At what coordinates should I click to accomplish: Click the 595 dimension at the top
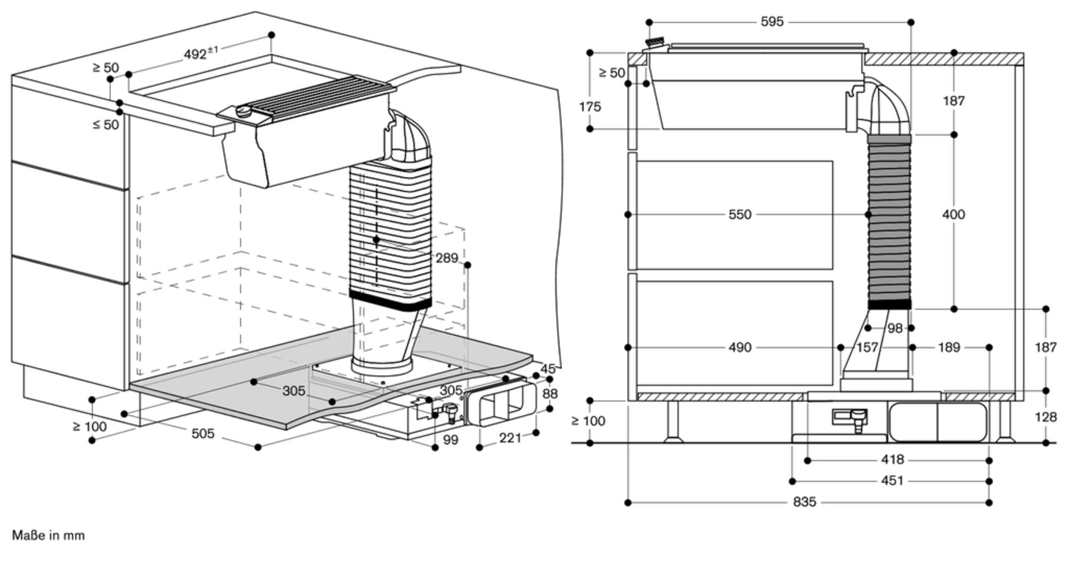click(x=772, y=22)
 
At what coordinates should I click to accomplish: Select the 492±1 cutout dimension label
click(x=200, y=53)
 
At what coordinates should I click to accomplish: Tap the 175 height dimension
click(x=590, y=107)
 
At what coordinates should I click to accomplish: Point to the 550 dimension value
click(x=740, y=215)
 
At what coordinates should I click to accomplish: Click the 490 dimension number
click(x=740, y=348)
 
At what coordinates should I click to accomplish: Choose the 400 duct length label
click(x=954, y=215)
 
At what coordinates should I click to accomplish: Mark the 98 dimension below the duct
click(x=895, y=328)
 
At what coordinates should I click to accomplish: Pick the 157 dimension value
click(x=867, y=348)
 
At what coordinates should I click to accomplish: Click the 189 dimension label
click(x=949, y=348)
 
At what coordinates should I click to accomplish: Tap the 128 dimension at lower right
click(x=1045, y=417)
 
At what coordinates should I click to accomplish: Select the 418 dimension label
click(x=892, y=460)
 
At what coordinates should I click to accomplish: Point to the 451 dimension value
click(x=892, y=481)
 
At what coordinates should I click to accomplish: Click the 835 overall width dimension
click(x=804, y=502)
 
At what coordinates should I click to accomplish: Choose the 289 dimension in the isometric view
click(x=447, y=258)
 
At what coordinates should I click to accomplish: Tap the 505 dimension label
click(x=203, y=434)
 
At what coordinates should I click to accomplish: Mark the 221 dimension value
click(x=510, y=438)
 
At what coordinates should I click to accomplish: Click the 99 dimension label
click(x=451, y=440)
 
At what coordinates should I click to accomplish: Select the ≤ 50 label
click(x=105, y=125)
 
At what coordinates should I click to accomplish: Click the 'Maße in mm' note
click(x=48, y=536)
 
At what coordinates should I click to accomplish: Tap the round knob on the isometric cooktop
click(x=244, y=111)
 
